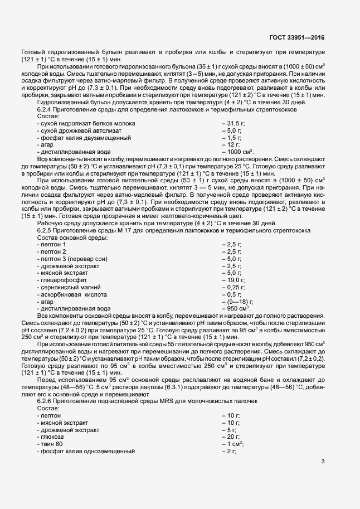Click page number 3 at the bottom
pos(323,477)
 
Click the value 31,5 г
pos(233,123)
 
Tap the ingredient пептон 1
pos(51,244)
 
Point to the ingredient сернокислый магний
pos(67,287)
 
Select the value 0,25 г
pos(233,287)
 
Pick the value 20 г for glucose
pos(231,437)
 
